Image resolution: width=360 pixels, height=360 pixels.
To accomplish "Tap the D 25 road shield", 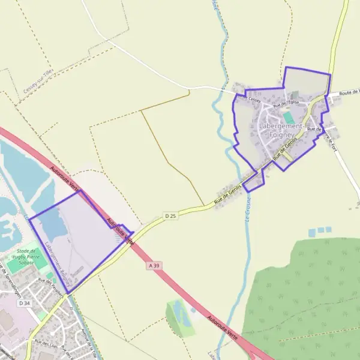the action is pyautogui.click(x=171, y=215).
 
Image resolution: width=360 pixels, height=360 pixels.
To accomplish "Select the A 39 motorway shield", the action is pyautogui.click(x=155, y=265).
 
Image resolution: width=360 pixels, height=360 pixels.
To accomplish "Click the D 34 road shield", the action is pyautogui.click(x=24, y=304).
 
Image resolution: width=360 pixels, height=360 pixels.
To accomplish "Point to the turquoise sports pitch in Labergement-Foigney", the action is pyautogui.click(x=289, y=117).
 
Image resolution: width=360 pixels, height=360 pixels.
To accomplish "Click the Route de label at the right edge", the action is pyautogui.click(x=349, y=92).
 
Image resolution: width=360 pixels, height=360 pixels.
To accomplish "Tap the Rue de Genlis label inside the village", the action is pyautogui.click(x=285, y=149).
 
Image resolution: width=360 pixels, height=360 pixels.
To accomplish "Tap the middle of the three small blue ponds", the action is pyautogui.click(x=320, y=230).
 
